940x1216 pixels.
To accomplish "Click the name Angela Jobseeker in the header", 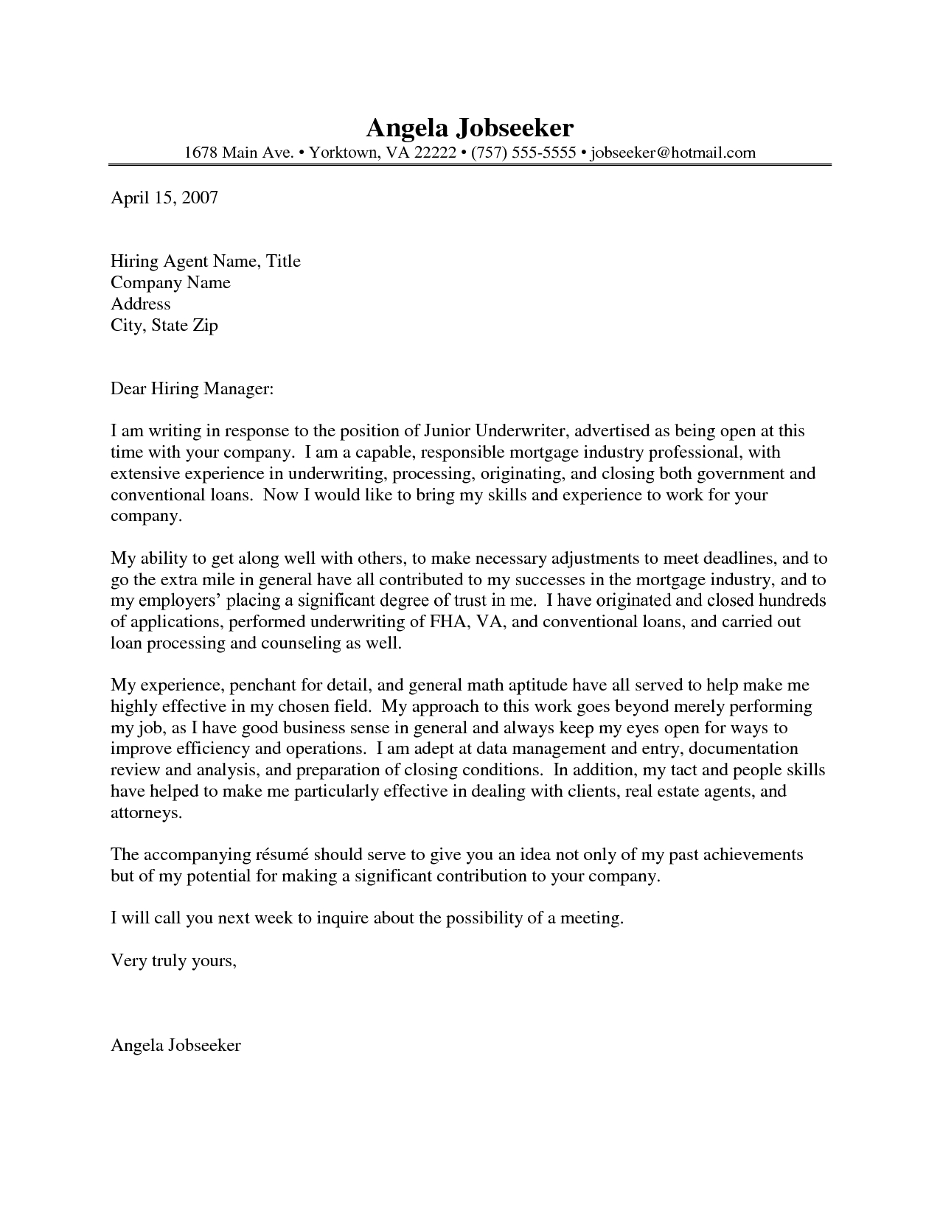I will coord(470,127).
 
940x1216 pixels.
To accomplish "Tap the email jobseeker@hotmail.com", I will coord(673,153).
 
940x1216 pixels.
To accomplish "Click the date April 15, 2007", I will coord(164,198).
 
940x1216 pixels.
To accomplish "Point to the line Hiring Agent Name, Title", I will coord(205,261).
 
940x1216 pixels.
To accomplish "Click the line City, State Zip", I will coord(164,325).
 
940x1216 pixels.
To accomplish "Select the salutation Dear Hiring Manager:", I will coord(192,388).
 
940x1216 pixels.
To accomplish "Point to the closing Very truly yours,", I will coord(174,961).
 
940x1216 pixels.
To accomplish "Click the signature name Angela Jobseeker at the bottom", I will coord(175,1045).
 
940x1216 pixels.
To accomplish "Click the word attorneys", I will coord(145,813).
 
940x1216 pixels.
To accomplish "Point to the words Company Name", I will coord(170,282).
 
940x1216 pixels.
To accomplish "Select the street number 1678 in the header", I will coord(201,153).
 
